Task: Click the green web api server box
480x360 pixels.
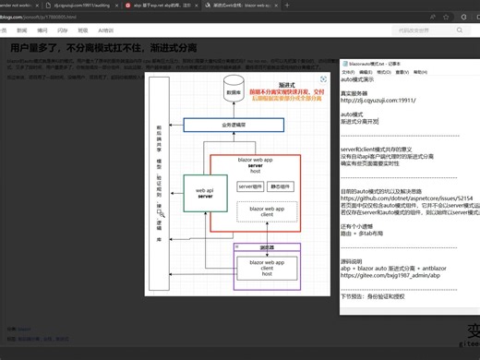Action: pos(204,194)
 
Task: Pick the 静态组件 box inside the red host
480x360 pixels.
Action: pos(282,186)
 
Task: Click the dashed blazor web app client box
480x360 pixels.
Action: pos(267,212)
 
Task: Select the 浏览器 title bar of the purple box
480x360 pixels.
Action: pos(267,247)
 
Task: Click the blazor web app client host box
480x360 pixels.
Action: pos(267,268)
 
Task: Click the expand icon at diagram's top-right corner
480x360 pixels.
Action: pos(323,80)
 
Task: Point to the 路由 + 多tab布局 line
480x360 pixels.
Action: pos(365,234)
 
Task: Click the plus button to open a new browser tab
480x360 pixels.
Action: pos(287,6)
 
